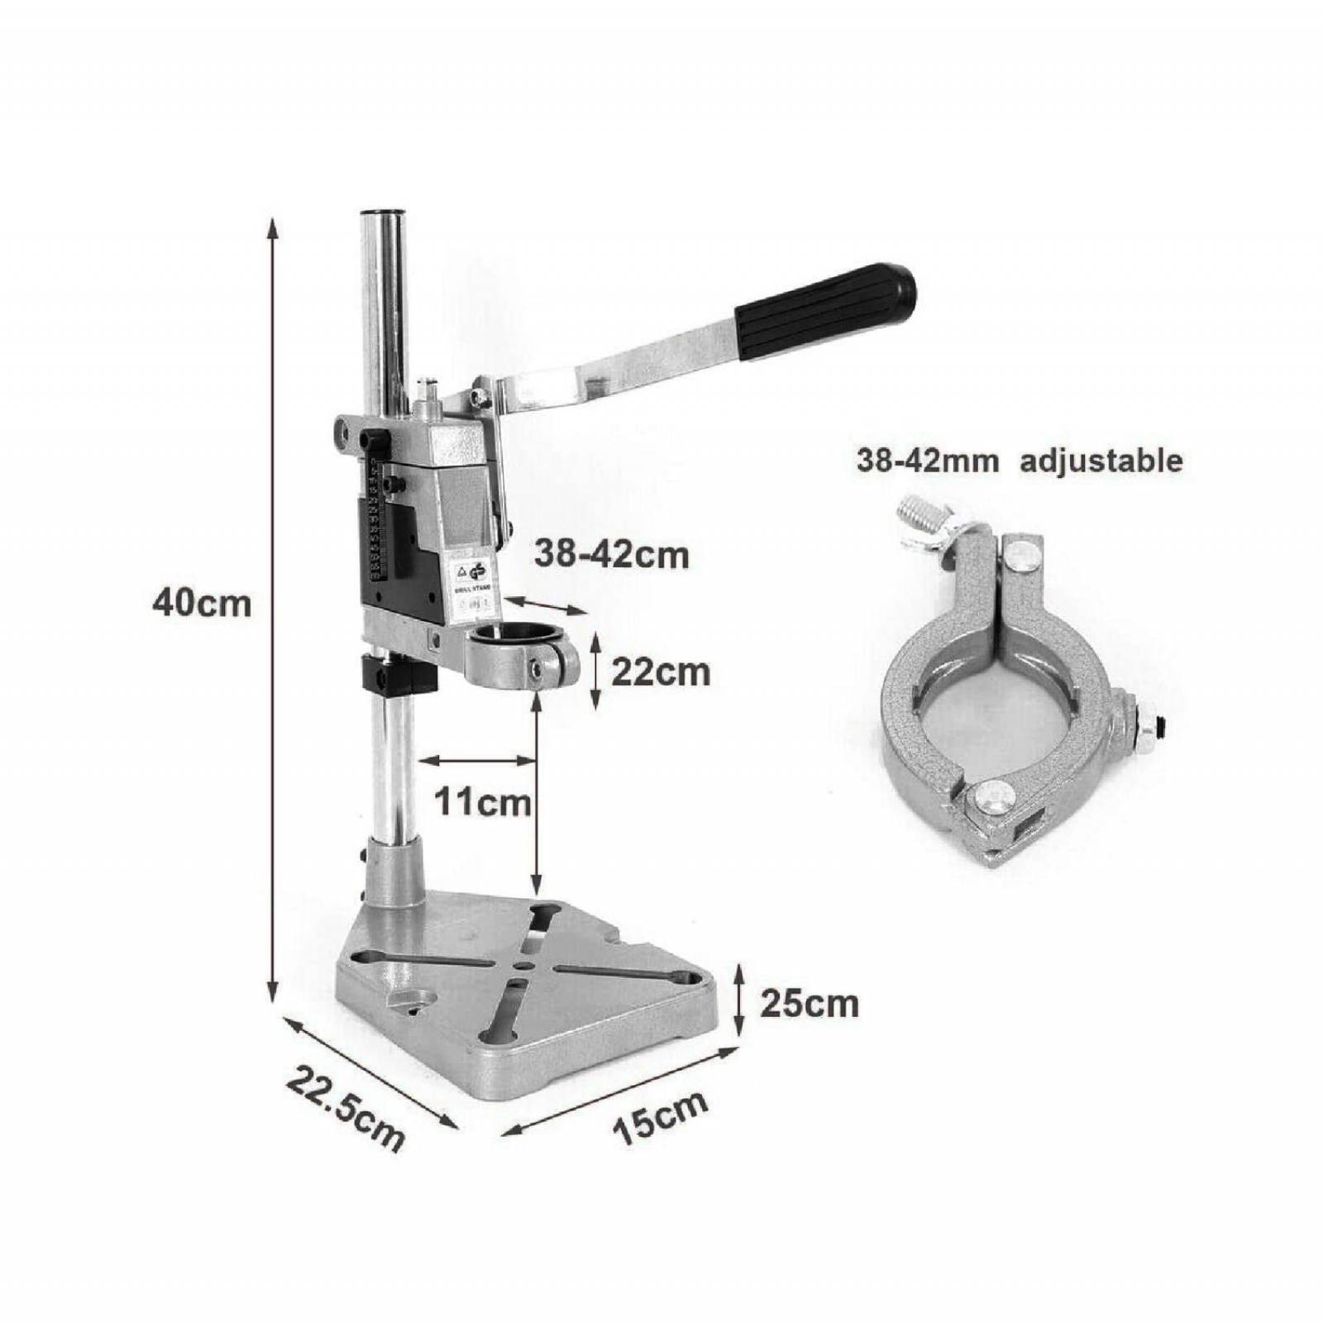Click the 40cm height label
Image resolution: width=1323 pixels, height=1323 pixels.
point(201,603)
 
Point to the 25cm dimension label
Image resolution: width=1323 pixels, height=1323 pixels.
point(810,1004)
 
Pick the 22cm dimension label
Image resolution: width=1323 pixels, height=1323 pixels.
point(660,672)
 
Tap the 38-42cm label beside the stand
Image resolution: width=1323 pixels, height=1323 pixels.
point(611,554)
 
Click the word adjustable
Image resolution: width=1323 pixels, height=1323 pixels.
point(1101,460)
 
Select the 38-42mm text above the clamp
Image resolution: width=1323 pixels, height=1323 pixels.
point(927,460)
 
